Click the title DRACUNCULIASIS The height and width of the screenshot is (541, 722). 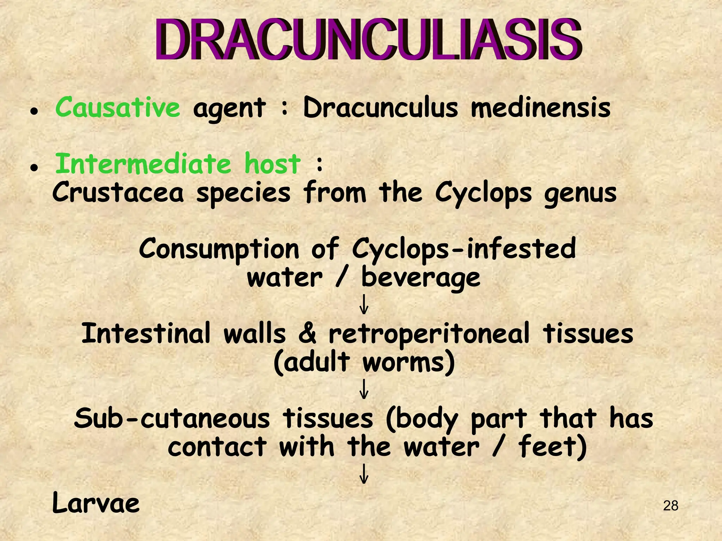click(368, 39)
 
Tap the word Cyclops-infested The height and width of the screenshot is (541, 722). click(464, 249)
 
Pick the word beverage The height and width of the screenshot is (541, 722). click(421, 278)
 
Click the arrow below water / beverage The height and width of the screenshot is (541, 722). click(364, 305)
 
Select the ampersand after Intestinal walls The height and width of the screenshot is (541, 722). click(307, 334)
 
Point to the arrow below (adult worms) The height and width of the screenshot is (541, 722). click(364, 389)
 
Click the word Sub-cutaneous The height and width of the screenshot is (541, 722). click(171, 418)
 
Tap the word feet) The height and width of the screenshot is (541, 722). click(552, 447)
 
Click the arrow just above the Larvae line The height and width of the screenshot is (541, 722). click(364, 474)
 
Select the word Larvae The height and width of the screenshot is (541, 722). click(96, 503)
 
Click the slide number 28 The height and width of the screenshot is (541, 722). click(670, 506)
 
